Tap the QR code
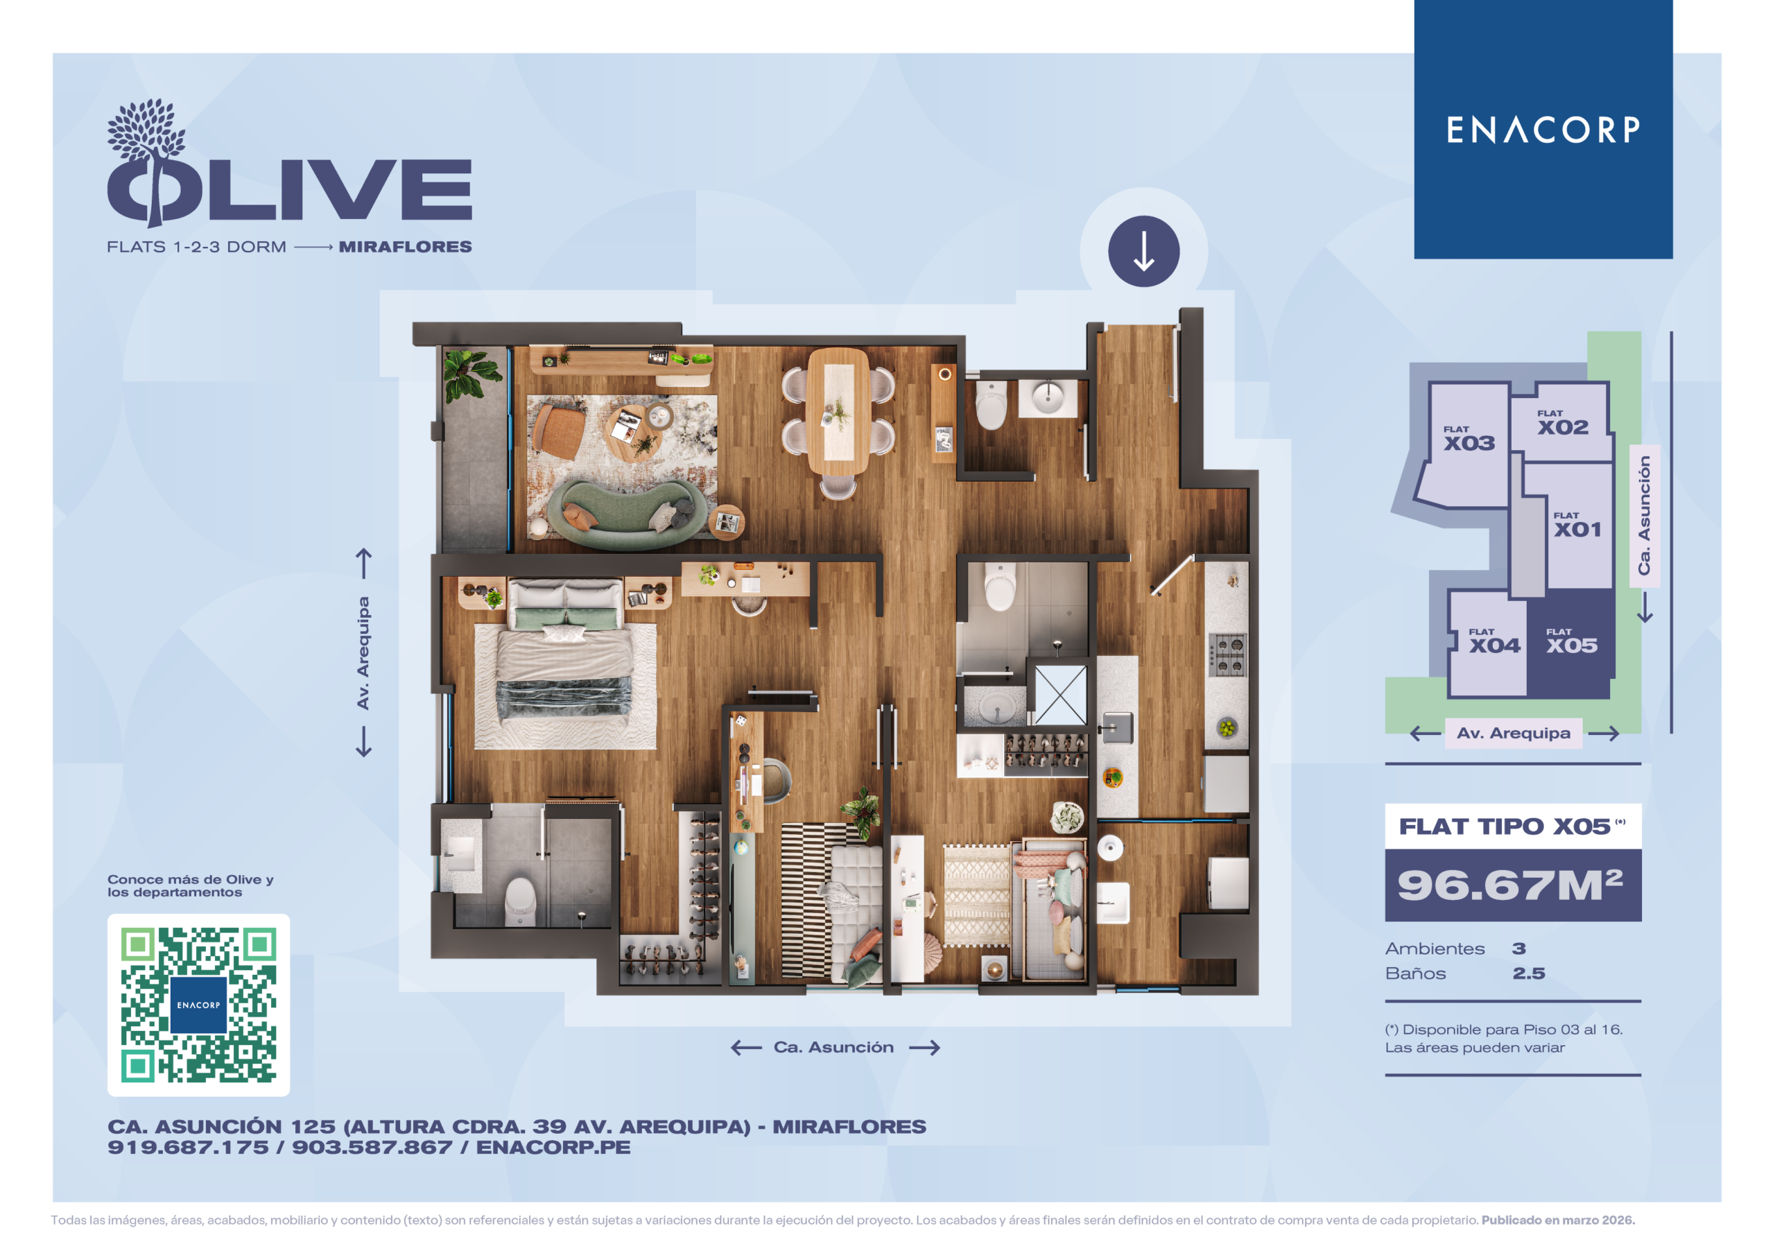pos(199,1005)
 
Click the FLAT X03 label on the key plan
pos(1469,438)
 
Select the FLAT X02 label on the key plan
pos(1562,423)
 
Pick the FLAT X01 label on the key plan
pos(1578,525)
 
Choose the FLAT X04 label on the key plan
pos(1494,641)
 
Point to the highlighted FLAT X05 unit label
pos(1572,641)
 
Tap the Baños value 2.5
pos(1528,973)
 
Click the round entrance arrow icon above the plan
pos(1143,251)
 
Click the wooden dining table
pos(838,410)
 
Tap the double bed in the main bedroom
pos(565,664)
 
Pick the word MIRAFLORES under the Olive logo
pos(405,247)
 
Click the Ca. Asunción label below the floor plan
pos(833,1047)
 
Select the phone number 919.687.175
pos(188,1148)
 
